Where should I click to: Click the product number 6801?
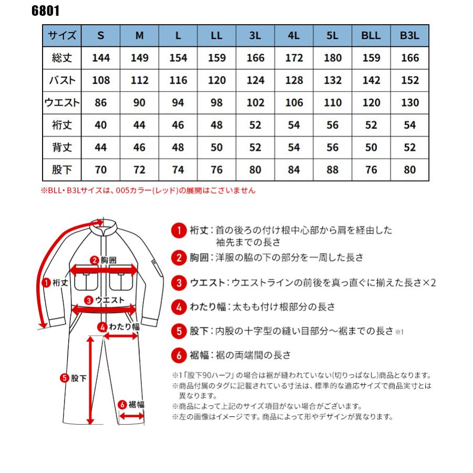click(46, 11)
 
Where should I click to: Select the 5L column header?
click(333, 36)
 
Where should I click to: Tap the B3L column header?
click(410, 36)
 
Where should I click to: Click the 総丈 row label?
click(61, 58)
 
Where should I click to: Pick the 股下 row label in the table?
click(61, 170)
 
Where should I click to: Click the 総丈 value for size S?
click(100, 58)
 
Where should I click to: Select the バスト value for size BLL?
click(371, 80)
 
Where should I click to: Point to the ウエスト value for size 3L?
click(255, 103)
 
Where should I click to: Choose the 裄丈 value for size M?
click(139, 125)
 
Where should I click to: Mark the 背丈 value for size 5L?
click(333, 148)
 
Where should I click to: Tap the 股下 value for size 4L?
click(294, 170)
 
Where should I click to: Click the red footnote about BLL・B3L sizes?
click(148, 191)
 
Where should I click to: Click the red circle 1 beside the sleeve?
click(46, 282)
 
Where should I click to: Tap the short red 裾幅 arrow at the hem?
click(132, 415)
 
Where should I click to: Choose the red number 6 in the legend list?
click(179, 355)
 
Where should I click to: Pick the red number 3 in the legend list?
click(179, 283)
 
